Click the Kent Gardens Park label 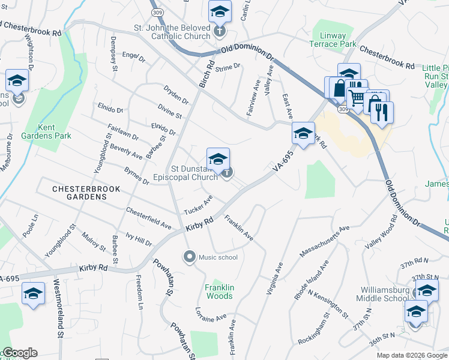55,131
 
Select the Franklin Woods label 219,292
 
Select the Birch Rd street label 206,74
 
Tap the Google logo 19,353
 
